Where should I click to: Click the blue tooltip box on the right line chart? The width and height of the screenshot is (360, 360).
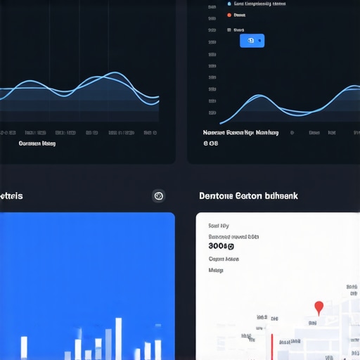252,41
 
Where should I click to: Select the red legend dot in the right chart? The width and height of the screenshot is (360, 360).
229,14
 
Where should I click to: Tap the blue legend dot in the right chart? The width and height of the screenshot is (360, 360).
229,3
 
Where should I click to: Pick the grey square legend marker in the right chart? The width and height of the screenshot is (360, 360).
229,30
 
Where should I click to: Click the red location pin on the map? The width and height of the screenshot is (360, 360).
319,307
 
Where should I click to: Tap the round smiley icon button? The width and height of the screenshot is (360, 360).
159,196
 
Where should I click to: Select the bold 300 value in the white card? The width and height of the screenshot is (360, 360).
221,246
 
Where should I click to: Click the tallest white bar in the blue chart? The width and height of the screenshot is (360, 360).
119,338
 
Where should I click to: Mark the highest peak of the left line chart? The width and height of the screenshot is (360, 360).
115,73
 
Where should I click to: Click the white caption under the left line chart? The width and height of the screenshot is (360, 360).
37,143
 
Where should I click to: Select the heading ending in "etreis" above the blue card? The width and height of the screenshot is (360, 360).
11,195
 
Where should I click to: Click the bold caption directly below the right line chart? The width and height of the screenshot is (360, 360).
240,132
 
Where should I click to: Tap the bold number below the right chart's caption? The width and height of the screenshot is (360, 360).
211,143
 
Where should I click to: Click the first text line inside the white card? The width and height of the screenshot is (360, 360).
219,226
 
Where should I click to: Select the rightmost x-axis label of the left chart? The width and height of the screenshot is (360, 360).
148,132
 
